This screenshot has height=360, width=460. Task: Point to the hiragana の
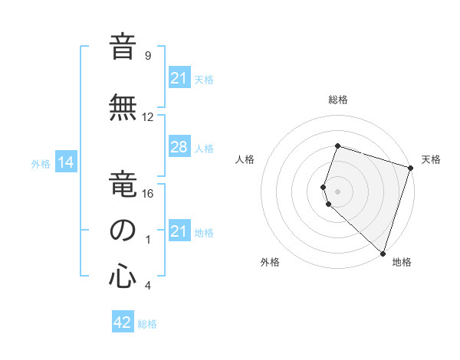coord(123,231)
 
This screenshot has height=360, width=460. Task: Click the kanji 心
coord(123,277)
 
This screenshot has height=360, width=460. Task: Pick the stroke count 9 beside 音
coord(148,56)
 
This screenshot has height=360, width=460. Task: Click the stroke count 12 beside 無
coord(148,117)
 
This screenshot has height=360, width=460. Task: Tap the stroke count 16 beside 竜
coord(148,193)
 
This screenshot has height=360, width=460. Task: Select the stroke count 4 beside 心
coord(148,286)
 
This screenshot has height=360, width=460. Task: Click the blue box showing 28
coord(179,148)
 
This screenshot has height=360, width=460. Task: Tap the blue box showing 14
coord(65,162)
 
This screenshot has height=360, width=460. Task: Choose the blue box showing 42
coord(122,323)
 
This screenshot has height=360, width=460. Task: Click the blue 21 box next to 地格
coord(179,231)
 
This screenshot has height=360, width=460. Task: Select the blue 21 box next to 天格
coord(179,78)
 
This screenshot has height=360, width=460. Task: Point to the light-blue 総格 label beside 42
coord(147,324)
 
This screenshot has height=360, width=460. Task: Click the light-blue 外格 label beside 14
coord(40,163)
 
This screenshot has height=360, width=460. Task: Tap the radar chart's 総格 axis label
coord(337,100)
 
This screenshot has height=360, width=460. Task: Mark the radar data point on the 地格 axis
coord(383,253)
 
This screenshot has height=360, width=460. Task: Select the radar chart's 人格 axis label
coord(245,159)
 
